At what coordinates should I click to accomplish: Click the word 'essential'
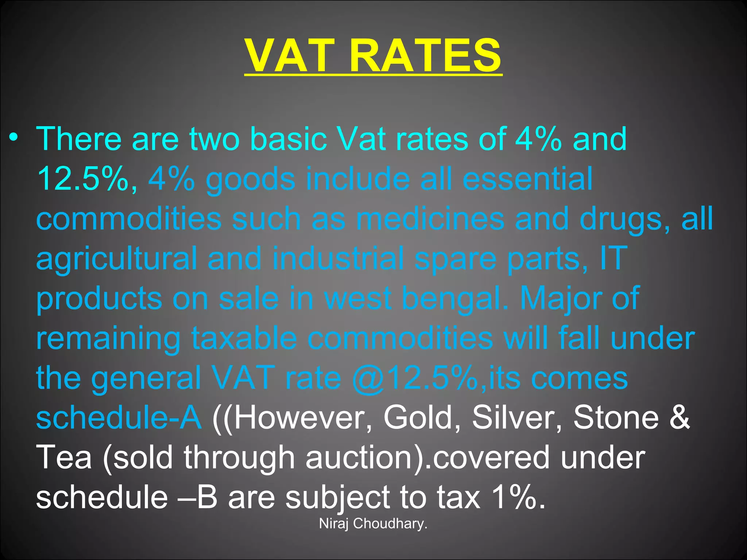[x=527, y=179]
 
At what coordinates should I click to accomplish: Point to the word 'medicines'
[x=430, y=219]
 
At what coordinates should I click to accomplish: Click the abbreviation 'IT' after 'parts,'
[x=614, y=258]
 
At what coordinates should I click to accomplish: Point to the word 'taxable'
[x=244, y=338]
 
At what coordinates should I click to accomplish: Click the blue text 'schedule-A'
[x=119, y=418]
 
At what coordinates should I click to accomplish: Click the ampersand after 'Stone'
[x=680, y=418]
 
